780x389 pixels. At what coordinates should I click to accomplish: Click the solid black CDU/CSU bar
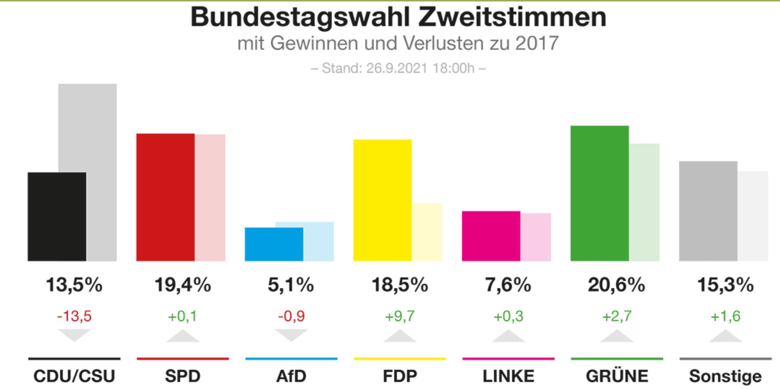point(57,217)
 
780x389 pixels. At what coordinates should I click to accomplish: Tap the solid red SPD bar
point(165,197)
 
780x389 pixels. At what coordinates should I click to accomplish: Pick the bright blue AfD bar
point(274,244)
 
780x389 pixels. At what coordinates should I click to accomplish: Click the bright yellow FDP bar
point(382,200)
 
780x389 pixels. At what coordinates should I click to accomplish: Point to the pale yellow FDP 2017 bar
point(427,232)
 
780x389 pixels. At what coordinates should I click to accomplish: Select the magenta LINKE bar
point(491,236)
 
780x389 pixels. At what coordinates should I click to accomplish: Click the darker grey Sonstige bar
point(708,211)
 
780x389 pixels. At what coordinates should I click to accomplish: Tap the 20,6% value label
point(616,285)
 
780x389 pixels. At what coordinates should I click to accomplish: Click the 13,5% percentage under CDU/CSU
point(74,285)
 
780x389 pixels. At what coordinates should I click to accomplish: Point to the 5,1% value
point(291,285)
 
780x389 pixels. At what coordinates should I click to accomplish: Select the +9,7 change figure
point(400,316)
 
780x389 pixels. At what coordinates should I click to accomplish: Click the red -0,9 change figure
point(291,316)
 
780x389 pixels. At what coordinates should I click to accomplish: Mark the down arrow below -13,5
point(74,335)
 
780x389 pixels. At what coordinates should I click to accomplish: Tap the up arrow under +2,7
point(617,336)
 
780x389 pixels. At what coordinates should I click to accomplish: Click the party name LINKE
point(508,376)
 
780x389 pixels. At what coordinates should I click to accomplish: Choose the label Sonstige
point(725,376)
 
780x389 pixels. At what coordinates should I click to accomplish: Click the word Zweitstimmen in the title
point(512,17)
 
